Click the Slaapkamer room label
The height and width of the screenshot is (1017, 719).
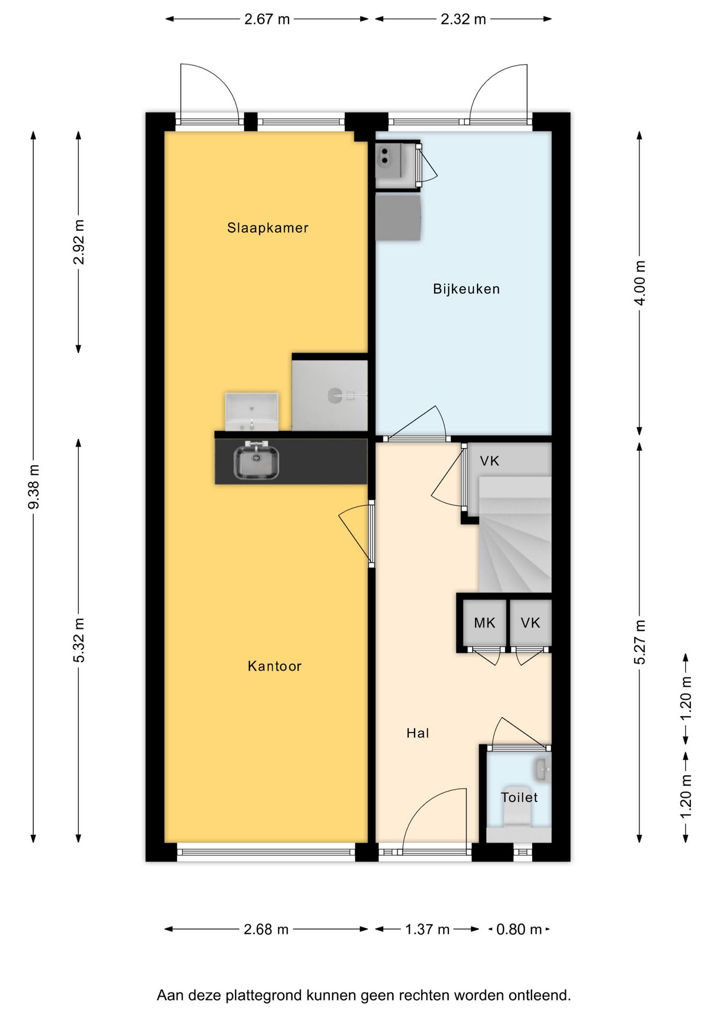pyautogui.click(x=267, y=228)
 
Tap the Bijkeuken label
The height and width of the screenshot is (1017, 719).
pyautogui.click(x=466, y=289)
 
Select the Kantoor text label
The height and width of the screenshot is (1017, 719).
pyautogui.click(x=274, y=666)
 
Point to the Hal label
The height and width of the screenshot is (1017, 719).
pyautogui.click(x=418, y=733)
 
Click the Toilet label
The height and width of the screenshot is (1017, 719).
pyautogui.click(x=519, y=797)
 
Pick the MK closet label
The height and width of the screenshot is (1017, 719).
pyautogui.click(x=484, y=623)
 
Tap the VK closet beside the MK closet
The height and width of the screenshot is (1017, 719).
pyautogui.click(x=530, y=623)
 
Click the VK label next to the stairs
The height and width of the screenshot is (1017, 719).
pyautogui.click(x=490, y=461)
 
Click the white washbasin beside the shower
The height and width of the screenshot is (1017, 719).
pyautogui.click(x=251, y=412)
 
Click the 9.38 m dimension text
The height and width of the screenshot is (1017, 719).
pyautogui.click(x=34, y=486)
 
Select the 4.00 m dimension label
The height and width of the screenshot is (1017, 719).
pyautogui.click(x=640, y=283)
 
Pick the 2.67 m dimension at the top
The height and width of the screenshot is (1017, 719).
pyautogui.click(x=267, y=19)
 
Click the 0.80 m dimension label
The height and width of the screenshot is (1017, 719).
pyautogui.click(x=519, y=929)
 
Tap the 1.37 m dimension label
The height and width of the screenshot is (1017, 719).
pyautogui.click(x=427, y=929)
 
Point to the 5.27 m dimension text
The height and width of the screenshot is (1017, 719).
pyautogui.click(x=640, y=642)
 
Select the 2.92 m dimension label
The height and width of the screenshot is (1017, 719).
pyautogui.click(x=79, y=242)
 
